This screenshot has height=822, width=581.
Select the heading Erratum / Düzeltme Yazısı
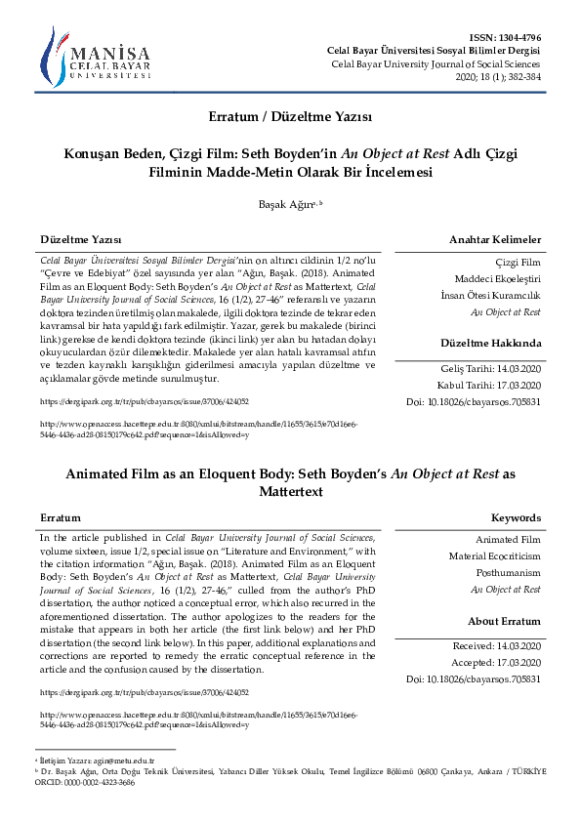290,116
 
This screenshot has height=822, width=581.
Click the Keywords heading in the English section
516,517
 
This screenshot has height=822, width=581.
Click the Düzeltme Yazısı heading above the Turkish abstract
80,240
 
